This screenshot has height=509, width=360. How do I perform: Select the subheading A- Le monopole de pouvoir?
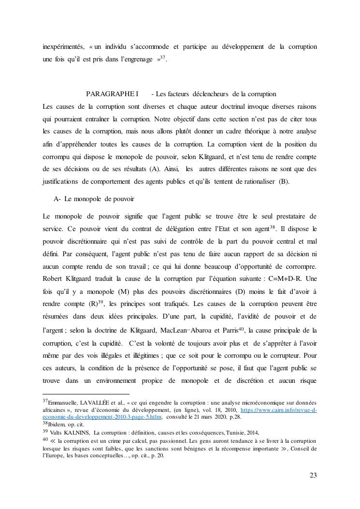point(94,199)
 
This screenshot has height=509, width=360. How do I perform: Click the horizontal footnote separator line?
point(86,394)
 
